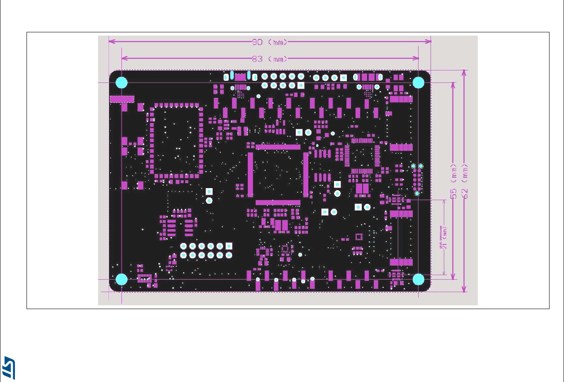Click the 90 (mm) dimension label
(270, 42)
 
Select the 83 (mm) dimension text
(270, 59)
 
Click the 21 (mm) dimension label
(445, 237)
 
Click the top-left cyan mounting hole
(121, 82)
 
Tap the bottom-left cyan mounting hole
(121, 280)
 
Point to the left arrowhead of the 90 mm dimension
(111, 41)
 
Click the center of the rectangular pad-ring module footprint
(176, 141)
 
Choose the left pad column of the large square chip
(250, 174)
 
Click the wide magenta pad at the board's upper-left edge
(122, 99)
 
